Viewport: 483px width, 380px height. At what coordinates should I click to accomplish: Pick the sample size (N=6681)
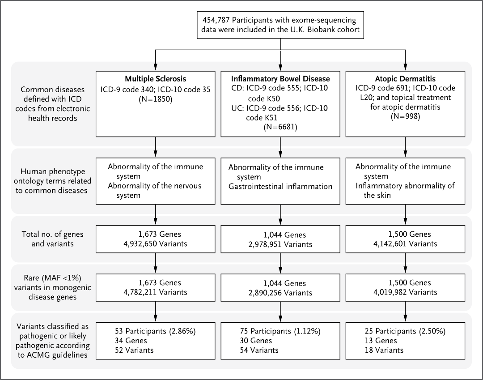coord(281,127)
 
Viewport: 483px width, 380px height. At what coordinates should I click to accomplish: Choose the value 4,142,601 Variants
coord(405,244)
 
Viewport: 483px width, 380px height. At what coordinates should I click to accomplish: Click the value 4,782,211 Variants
coord(155,293)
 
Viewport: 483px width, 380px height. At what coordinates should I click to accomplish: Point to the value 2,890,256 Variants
coord(280,293)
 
